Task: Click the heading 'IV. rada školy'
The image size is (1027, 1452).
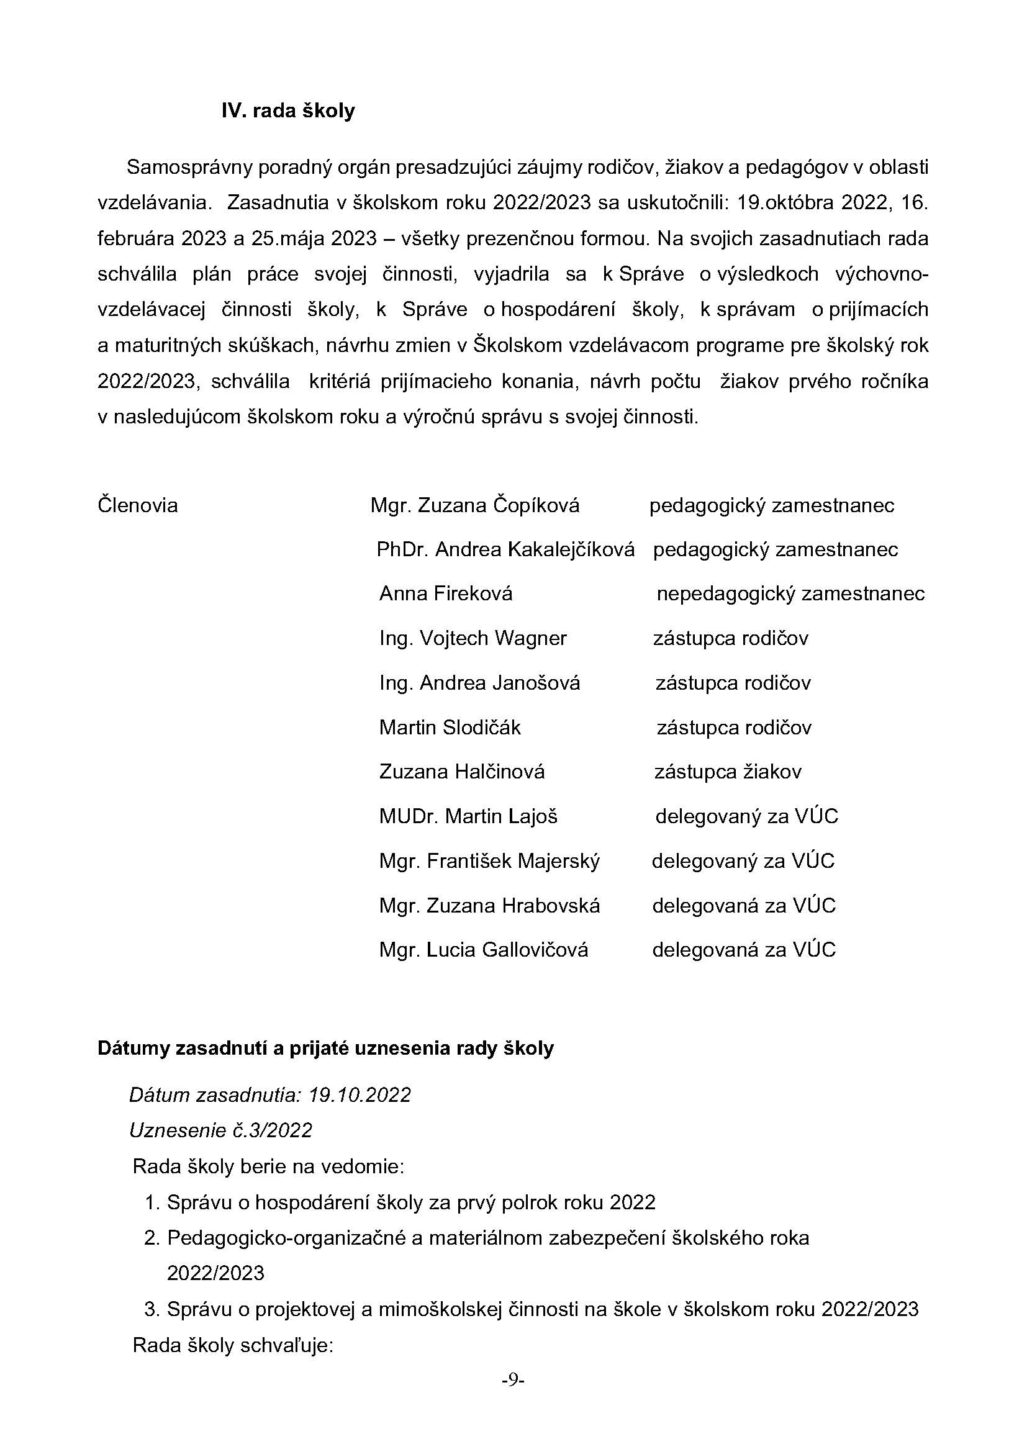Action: click(287, 111)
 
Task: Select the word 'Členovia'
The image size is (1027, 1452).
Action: click(138, 506)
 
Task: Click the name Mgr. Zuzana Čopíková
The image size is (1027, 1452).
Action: click(475, 506)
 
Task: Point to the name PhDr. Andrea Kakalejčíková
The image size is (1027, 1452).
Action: click(505, 550)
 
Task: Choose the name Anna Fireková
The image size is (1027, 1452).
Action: click(446, 595)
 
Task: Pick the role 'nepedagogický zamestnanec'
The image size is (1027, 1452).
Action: click(790, 595)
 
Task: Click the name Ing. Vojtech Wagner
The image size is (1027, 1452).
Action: click(473, 639)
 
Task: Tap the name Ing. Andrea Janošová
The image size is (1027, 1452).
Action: click(479, 683)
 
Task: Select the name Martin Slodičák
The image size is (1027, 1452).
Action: click(450, 728)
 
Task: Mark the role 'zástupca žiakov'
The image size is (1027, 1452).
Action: click(728, 772)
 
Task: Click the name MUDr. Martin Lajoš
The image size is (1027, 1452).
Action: click(469, 817)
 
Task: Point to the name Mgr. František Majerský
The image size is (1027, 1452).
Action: click(489, 862)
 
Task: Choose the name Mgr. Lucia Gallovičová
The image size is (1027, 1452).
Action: click(484, 950)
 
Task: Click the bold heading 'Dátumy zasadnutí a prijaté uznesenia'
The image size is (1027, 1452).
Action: click(325, 1048)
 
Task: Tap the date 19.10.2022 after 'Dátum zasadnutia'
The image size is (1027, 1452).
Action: click(359, 1095)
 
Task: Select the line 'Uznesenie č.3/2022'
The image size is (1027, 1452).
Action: click(220, 1130)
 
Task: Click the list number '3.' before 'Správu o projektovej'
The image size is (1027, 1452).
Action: click(152, 1309)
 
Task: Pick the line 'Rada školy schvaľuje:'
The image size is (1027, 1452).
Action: click(233, 1345)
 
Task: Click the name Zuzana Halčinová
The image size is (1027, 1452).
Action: click(461, 772)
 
